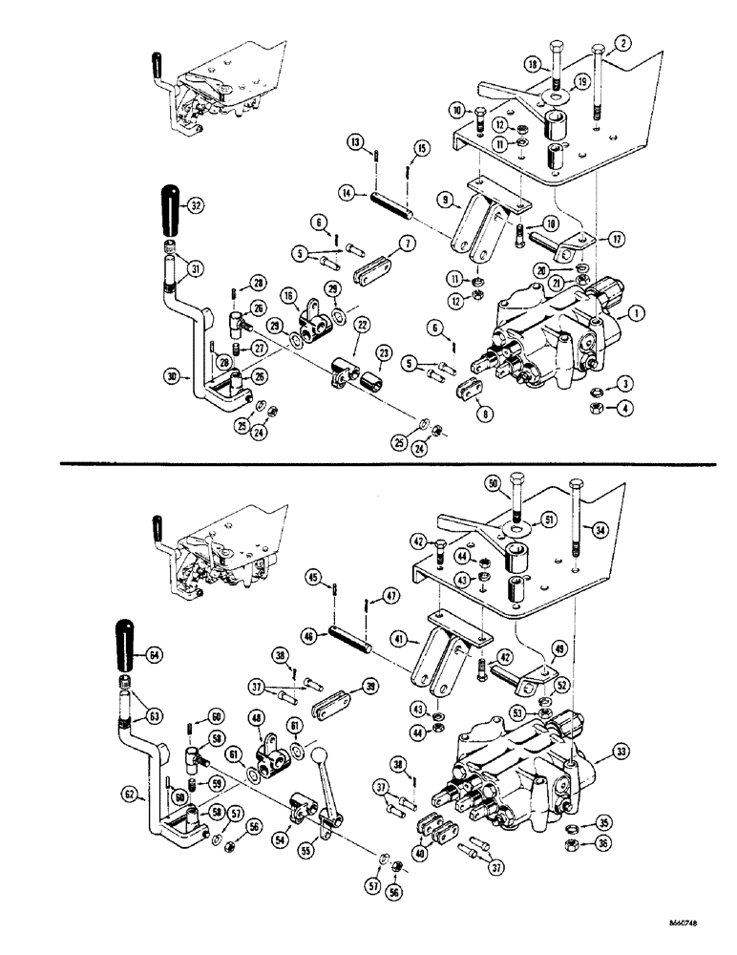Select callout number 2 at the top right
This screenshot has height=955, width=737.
click(x=621, y=43)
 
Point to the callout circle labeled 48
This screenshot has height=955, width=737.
click(x=257, y=717)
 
